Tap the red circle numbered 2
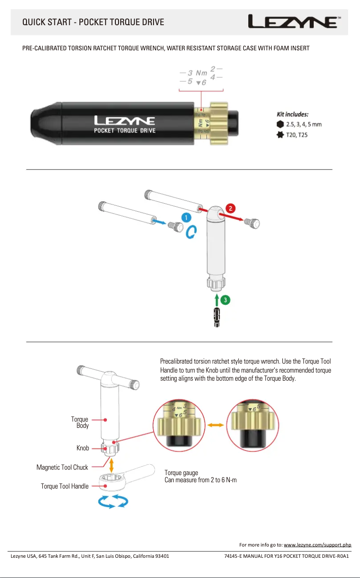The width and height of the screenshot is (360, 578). coord(230,209)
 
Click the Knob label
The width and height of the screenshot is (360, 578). coord(83,448)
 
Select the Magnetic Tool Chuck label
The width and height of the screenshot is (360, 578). coord(62,467)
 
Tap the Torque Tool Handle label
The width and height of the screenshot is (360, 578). coord(65,486)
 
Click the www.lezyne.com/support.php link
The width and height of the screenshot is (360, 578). coord(318,545)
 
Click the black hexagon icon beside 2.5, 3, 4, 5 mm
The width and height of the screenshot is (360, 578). coord(280,124)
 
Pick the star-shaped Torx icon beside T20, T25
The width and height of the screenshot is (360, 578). coord(280,134)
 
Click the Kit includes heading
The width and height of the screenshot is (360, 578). coord(292,114)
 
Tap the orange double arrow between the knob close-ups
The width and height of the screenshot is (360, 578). coord(216,424)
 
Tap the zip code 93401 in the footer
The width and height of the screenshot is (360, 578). coord(162,556)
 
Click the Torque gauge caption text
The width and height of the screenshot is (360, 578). coord(181,473)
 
